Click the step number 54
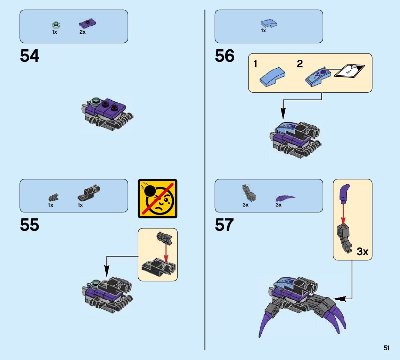[30, 56]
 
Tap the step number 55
[30, 225]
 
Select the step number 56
[225, 56]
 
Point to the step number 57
[225, 225]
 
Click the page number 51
[386, 348]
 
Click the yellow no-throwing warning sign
[158, 199]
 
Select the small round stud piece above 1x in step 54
[55, 25]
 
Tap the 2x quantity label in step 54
[82, 32]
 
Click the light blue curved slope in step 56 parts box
[269, 23]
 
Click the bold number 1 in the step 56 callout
[255, 64]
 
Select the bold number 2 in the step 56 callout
[300, 64]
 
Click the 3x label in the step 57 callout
[362, 251]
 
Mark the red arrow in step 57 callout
[343, 214]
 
